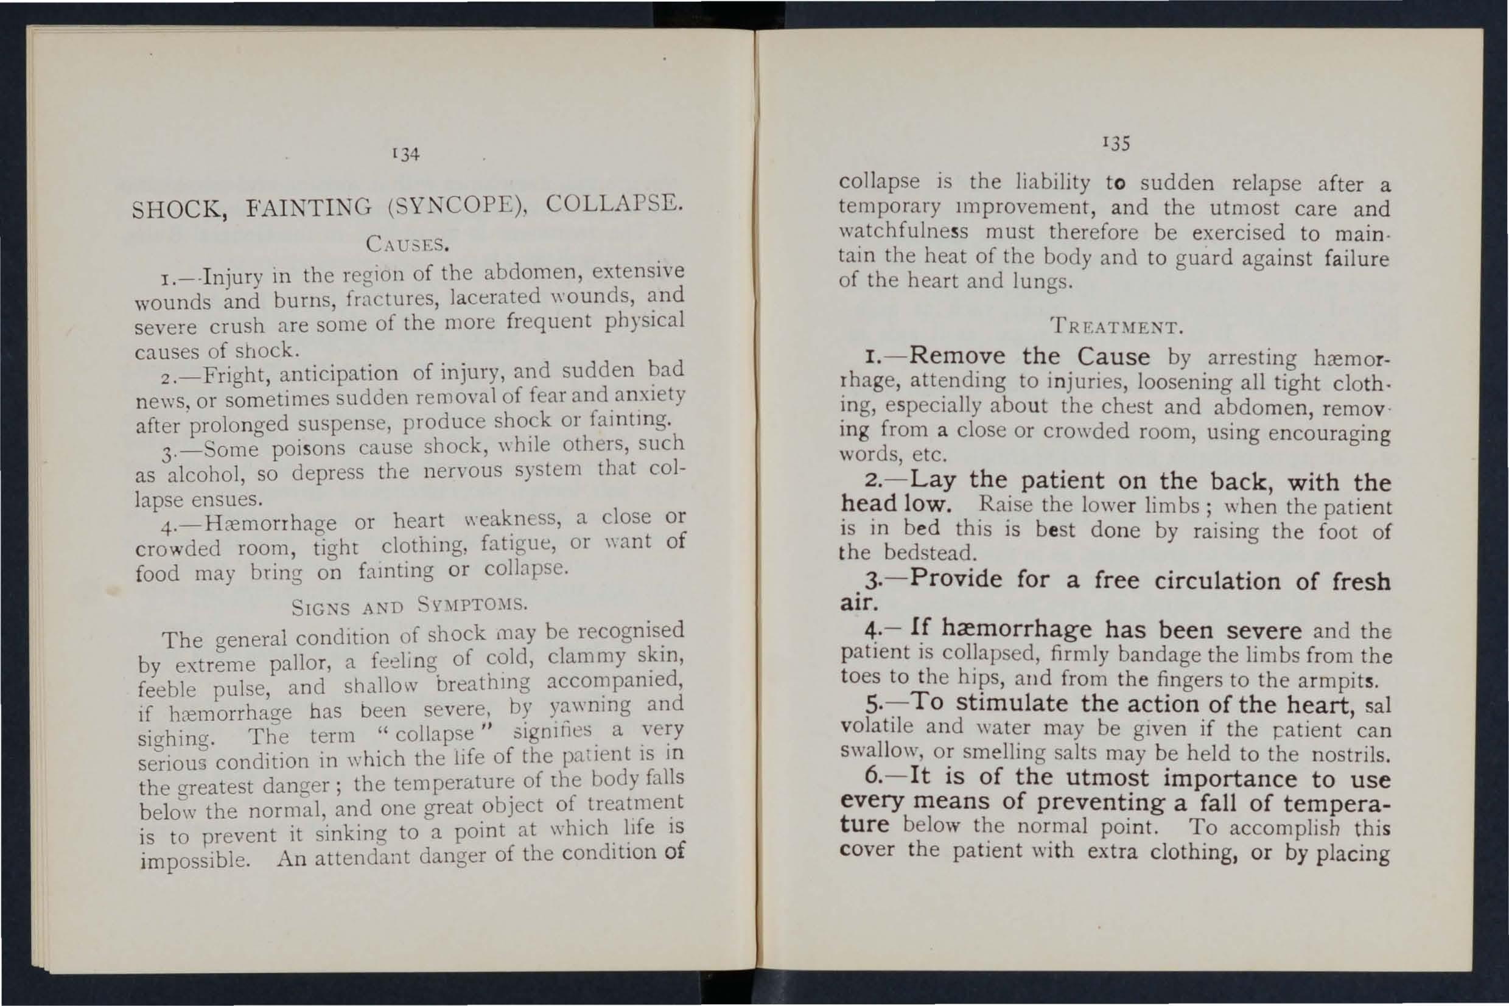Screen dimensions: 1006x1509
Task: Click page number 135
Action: point(1116,142)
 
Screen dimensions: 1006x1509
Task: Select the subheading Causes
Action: point(406,245)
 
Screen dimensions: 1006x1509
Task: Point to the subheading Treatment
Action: point(1116,328)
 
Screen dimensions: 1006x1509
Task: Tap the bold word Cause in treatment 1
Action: point(1113,357)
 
